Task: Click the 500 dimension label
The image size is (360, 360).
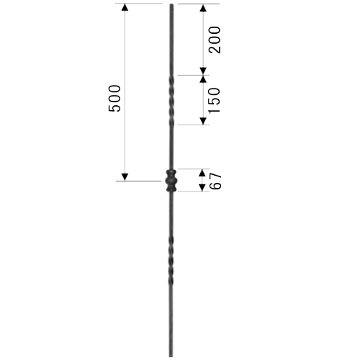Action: pyautogui.click(x=114, y=98)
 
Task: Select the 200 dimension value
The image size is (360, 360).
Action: pyautogui.click(x=215, y=40)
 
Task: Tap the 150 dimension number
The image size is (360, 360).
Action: pyautogui.click(x=214, y=100)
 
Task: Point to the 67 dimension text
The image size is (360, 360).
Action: pyautogui.click(x=215, y=181)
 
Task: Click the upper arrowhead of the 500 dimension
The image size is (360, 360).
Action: pyautogui.click(x=125, y=7)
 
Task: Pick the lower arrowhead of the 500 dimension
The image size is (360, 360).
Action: pyautogui.click(x=125, y=177)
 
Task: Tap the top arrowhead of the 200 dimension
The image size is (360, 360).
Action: pyautogui.click(x=203, y=8)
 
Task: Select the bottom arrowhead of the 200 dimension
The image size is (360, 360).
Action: pyautogui.click(x=203, y=71)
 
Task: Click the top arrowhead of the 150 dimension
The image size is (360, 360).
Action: pyautogui.click(x=203, y=79)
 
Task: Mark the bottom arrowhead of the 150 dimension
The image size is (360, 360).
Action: pyautogui.click(x=203, y=121)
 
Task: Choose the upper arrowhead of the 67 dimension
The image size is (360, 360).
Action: pyautogui.click(x=202, y=173)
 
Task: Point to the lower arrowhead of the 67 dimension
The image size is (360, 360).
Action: pyautogui.click(x=202, y=188)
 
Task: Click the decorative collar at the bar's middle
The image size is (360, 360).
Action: pyautogui.click(x=171, y=181)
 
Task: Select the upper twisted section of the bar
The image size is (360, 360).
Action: pyautogui.click(x=171, y=100)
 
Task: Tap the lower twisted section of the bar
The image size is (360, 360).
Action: pyautogui.click(x=171, y=260)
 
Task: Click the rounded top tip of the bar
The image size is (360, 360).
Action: pyautogui.click(x=171, y=5)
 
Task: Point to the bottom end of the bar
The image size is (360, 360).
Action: pyautogui.click(x=171, y=356)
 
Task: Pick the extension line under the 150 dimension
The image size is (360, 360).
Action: pyautogui.click(x=194, y=125)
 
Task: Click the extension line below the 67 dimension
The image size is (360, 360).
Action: pyautogui.click(x=194, y=192)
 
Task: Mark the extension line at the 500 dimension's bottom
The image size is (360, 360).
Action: pyautogui.click(x=138, y=181)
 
